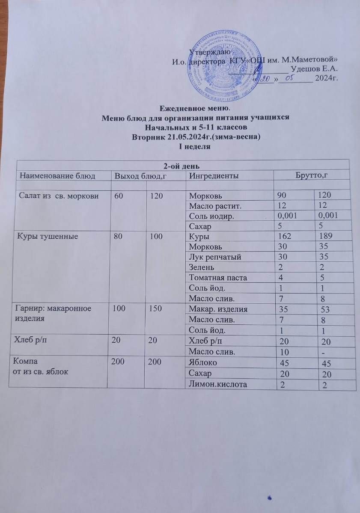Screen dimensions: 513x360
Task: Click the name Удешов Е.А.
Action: pos(315,69)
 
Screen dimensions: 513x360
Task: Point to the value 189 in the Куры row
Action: pos(322,236)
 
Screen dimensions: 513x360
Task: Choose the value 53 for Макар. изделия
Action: pos(321,309)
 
